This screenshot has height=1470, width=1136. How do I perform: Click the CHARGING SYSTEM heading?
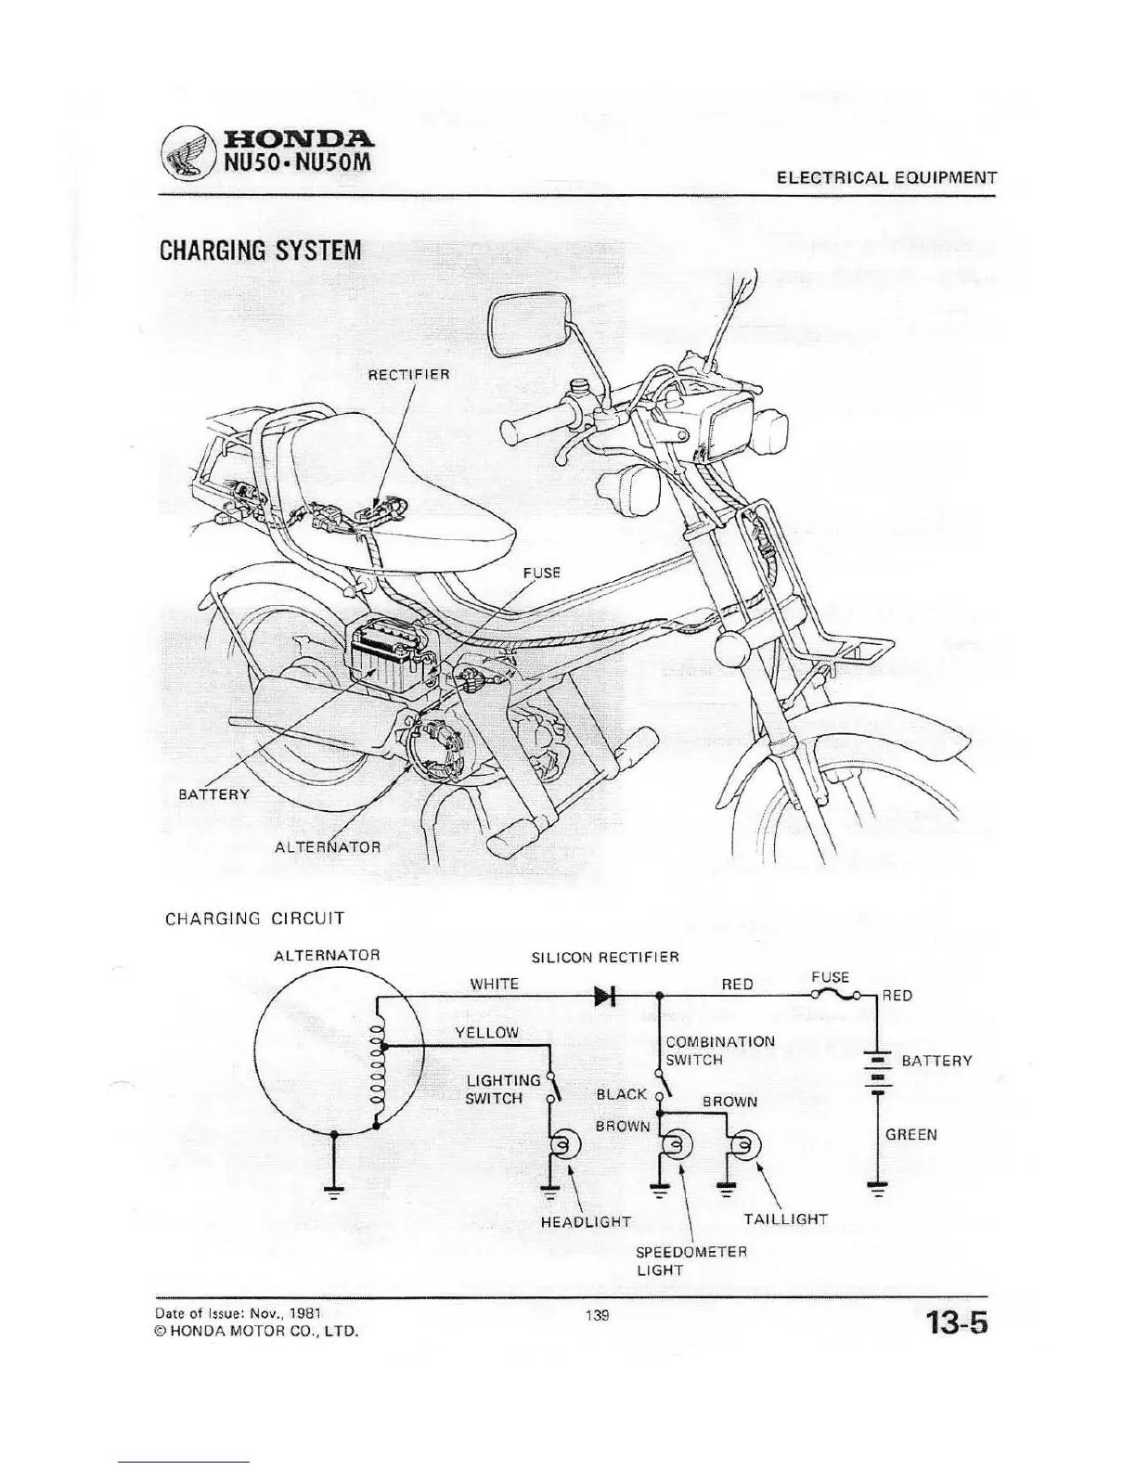coord(260,251)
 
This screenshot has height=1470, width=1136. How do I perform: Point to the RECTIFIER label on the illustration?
coord(408,375)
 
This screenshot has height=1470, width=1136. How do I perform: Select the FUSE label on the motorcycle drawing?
coord(546,573)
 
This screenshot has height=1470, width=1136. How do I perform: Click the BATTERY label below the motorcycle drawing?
coord(213,794)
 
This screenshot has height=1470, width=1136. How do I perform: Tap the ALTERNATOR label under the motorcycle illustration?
coord(328,847)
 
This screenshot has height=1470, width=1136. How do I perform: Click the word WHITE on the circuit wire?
coord(494,984)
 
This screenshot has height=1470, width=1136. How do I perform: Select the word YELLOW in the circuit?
coord(486,1033)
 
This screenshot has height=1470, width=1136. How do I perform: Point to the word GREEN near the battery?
coord(910,1134)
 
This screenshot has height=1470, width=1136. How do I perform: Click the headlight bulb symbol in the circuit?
coord(563,1147)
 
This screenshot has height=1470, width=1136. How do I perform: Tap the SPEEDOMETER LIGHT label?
coord(691,1260)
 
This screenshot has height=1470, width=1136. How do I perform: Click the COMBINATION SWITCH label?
coord(719,1051)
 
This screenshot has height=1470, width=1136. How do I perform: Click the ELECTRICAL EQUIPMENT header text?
coord(886,178)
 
